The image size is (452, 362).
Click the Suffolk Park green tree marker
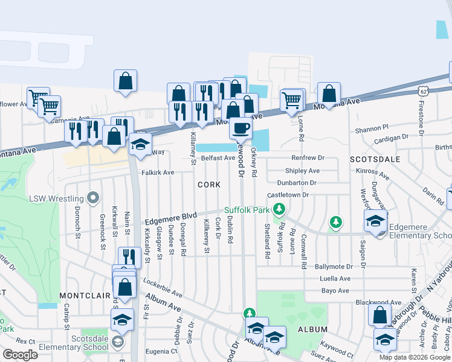click(279, 210)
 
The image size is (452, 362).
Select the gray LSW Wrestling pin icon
click(92, 198)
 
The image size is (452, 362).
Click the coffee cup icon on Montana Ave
click(241, 128)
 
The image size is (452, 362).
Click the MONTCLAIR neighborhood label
click(84, 296)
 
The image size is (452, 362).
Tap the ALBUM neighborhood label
click(312, 329)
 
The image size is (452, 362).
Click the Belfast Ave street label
click(218, 157)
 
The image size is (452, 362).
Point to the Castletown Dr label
click(288, 195)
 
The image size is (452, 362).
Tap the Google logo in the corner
click(20, 355)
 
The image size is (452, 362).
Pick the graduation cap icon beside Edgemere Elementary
click(375, 221)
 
